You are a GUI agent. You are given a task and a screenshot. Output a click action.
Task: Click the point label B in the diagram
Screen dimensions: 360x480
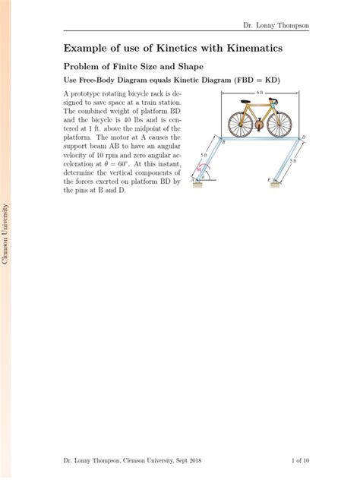click(x=223, y=144)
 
